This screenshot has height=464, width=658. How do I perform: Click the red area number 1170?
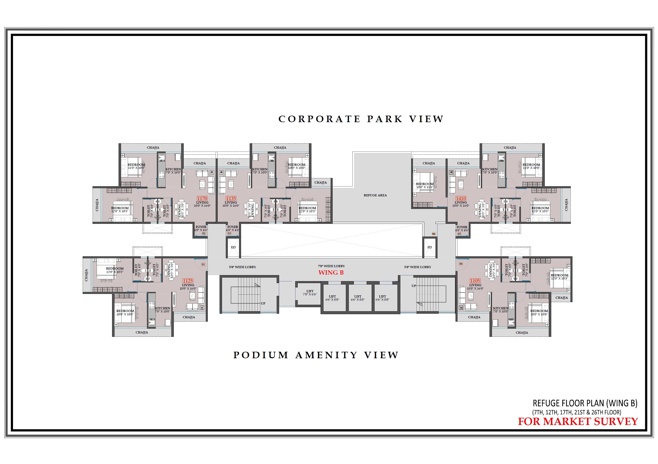(x=202, y=199)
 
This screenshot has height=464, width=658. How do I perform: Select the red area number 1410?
(x=461, y=199)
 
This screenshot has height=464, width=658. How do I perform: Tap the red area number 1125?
(x=188, y=281)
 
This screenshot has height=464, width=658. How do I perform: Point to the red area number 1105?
(x=475, y=281)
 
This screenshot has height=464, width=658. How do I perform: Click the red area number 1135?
(x=231, y=199)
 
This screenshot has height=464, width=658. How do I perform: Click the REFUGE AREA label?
(x=375, y=195)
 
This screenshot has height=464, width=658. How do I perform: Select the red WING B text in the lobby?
(x=331, y=273)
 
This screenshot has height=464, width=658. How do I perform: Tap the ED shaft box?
(x=233, y=247)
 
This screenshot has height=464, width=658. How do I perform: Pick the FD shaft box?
(x=429, y=247)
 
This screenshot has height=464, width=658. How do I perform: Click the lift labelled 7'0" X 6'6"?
(x=310, y=293)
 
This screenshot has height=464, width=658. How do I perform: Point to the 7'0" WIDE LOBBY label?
(x=331, y=266)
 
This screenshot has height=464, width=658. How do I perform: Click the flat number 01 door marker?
(x=203, y=264)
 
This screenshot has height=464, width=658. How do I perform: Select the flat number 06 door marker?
(x=461, y=264)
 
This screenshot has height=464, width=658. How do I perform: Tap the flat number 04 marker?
(x=434, y=234)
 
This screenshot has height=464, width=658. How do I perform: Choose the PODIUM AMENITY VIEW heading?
(x=316, y=355)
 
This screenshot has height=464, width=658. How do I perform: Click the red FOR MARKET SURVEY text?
(x=578, y=422)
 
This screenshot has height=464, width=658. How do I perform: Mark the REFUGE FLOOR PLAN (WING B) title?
(x=585, y=403)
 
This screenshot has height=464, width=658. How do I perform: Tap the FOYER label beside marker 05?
(x=462, y=227)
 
